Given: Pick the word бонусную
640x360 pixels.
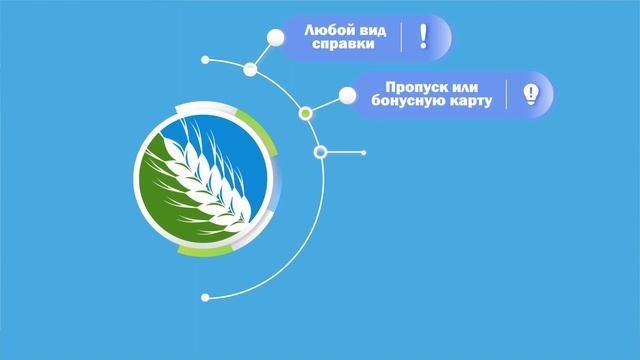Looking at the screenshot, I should [401, 102].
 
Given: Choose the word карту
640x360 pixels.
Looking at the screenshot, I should [468, 102].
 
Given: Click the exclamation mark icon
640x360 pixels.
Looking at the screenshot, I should [423, 37].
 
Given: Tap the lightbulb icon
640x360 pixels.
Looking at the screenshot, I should [531, 94].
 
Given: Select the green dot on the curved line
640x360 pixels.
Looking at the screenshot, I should [306, 114].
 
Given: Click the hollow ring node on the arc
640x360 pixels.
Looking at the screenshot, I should [321, 152].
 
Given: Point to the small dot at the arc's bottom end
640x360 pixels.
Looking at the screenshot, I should [205, 297].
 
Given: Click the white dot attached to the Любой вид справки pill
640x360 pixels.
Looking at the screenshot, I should [274, 38].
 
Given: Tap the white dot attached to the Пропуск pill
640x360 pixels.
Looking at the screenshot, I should [347, 95].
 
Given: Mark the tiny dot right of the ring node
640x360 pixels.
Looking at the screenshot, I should [363, 152].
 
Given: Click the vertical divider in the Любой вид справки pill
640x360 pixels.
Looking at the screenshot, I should [402, 38].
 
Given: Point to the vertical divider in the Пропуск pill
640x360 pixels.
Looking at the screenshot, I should [509, 95].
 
